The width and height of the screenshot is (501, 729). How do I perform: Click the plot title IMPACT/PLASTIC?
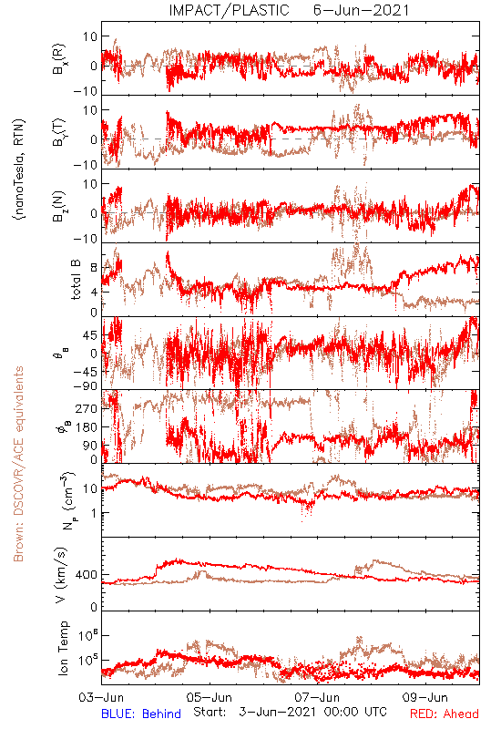(x=229, y=10)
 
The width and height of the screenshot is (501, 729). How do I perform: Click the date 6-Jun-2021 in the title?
(x=361, y=10)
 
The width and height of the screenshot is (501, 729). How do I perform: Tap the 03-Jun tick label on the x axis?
(x=101, y=697)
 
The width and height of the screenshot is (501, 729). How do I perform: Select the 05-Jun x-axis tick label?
(x=210, y=697)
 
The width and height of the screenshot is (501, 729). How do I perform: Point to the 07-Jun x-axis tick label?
(x=317, y=697)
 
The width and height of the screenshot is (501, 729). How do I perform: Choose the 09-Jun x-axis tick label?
(x=424, y=697)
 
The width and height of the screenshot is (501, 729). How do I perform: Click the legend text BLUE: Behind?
(x=141, y=714)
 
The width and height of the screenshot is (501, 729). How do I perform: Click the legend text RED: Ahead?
(x=444, y=714)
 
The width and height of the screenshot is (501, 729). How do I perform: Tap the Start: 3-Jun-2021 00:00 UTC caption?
(x=290, y=712)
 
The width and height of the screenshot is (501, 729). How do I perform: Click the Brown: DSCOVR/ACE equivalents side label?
(x=18, y=464)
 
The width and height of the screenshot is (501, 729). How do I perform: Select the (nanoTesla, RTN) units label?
(x=19, y=169)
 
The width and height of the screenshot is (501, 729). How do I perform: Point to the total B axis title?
(x=76, y=280)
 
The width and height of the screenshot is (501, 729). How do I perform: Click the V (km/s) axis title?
(x=61, y=576)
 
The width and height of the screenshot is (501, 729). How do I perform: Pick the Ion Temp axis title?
(x=63, y=648)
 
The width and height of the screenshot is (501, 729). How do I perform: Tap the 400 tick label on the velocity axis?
(x=87, y=575)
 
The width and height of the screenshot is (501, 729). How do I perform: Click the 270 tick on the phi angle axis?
(x=87, y=408)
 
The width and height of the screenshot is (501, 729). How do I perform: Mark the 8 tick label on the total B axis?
(x=94, y=268)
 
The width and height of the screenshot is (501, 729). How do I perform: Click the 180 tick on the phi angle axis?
(x=87, y=427)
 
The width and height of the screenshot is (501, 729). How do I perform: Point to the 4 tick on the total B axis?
(x=94, y=293)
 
